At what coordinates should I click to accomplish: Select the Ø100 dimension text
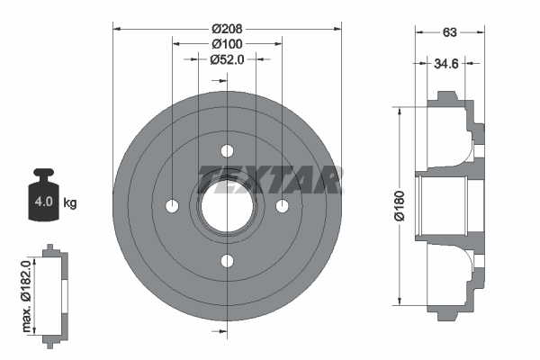(227, 43)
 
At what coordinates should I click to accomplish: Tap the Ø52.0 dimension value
(227, 59)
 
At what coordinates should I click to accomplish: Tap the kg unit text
(70, 203)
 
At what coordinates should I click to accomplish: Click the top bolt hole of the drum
(227, 150)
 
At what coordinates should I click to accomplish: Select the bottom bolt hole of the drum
(227, 261)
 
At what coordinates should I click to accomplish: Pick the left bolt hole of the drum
(172, 206)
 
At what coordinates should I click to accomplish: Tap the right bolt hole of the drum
(283, 206)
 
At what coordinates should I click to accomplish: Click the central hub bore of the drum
(227, 206)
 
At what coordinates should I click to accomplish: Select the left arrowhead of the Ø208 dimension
(117, 27)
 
